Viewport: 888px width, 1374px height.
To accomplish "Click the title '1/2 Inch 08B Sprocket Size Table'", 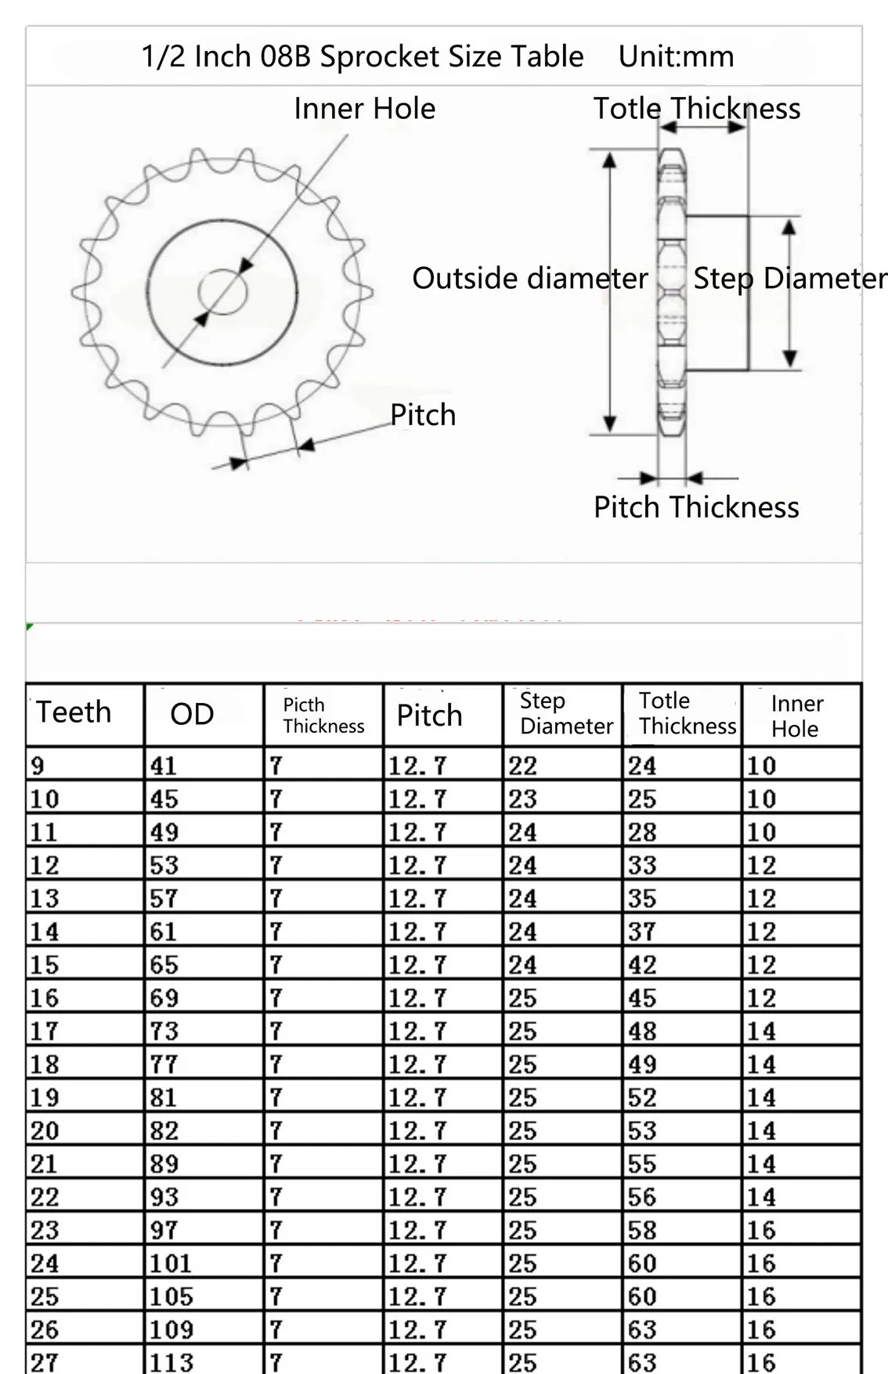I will tap(362, 56).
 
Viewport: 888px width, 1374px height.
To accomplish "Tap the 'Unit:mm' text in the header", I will tap(676, 56).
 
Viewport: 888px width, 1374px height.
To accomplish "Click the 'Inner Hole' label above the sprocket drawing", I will tap(364, 109).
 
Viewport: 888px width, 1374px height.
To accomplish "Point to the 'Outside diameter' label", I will tap(530, 278).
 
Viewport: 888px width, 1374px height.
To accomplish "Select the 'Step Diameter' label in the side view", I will tap(789, 278).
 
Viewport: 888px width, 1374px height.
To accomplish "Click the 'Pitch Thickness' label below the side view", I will tap(696, 507).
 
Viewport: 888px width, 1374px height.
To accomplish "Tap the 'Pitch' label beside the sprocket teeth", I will tap(423, 415).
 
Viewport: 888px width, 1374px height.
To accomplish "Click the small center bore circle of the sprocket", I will tap(222, 293).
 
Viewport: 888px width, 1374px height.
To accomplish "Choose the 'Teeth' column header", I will tap(74, 712).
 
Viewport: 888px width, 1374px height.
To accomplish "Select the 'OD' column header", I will tap(192, 714).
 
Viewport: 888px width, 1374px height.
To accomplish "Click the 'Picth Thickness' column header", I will tap(323, 715).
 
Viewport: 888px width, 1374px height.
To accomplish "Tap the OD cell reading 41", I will tap(164, 766).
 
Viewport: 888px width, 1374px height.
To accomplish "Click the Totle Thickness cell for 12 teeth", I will tap(642, 865).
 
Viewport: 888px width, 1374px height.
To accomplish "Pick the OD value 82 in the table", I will tap(164, 1131).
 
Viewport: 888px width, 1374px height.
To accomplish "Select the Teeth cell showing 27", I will tap(44, 1362).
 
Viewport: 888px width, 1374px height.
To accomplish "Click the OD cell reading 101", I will tap(170, 1264).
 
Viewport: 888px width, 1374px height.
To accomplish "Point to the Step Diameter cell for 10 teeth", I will tap(522, 799).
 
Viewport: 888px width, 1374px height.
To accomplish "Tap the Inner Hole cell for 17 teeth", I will tap(761, 1031).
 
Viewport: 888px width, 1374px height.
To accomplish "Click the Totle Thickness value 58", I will tap(642, 1230).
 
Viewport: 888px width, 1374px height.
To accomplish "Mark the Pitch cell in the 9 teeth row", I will tap(417, 766).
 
